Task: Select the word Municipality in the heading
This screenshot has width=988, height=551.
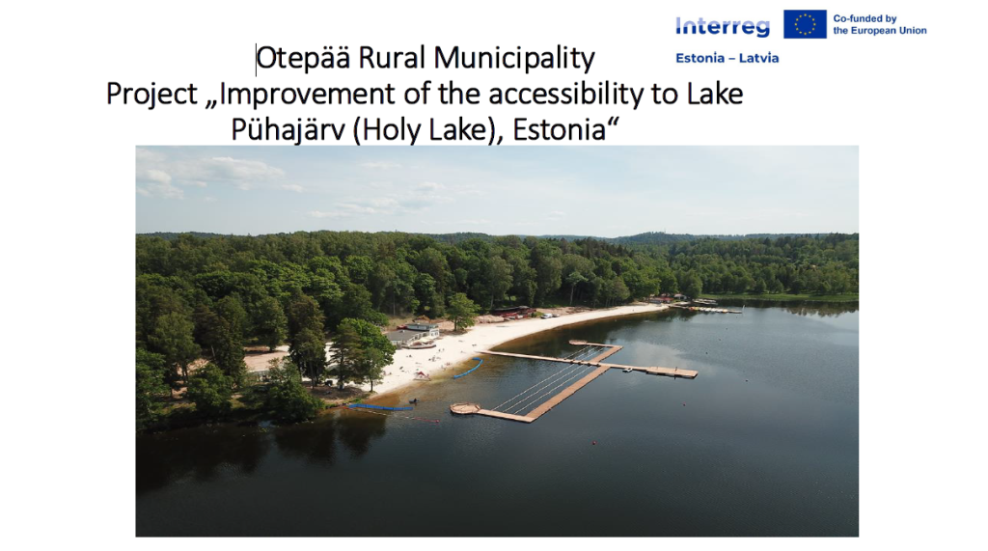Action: (x=514, y=59)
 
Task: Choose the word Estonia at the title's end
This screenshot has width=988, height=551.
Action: (x=559, y=130)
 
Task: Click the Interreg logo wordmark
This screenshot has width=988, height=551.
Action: (x=723, y=26)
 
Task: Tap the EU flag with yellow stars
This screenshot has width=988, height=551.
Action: (x=805, y=24)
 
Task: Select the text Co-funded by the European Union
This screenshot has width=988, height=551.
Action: (x=880, y=24)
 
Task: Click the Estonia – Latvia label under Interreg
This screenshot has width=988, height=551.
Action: (x=727, y=58)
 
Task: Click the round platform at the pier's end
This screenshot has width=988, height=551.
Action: (x=465, y=408)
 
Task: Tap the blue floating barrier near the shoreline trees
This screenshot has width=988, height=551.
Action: (x=380, y=407)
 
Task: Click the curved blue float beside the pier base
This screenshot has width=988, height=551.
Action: (x=469, y=369)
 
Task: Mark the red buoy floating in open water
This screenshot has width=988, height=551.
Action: (x=593, y=443)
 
